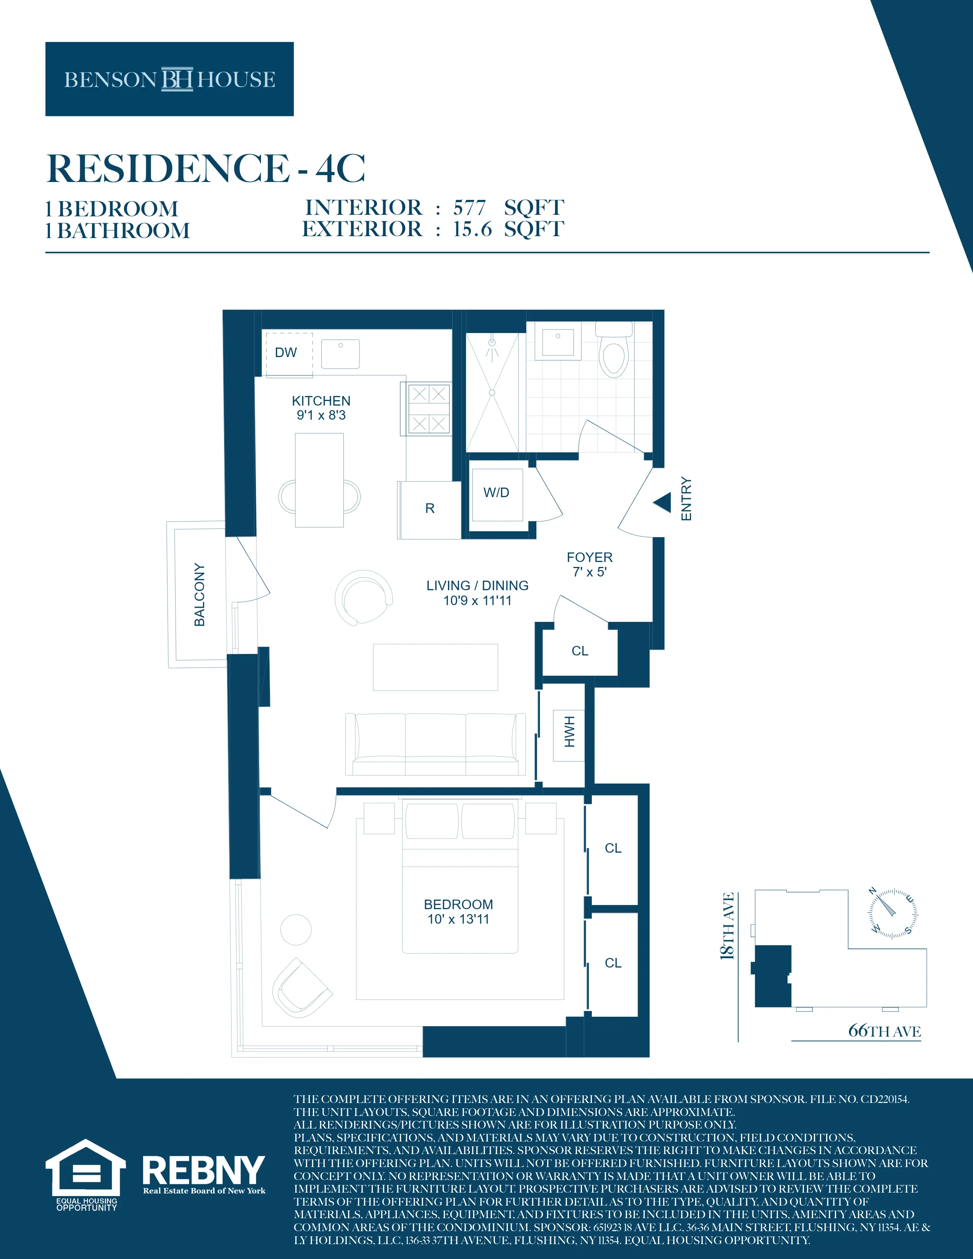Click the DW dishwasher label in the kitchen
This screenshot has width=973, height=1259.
click(x=286, y=352)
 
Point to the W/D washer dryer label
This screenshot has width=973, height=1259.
click(x=496, y=492)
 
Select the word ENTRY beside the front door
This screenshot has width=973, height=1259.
click(x=686, y=499)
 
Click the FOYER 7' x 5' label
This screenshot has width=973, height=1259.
click(x=589, y=564)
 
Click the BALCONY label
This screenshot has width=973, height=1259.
click(x=200, y=594)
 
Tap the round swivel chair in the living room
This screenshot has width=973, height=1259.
click(x=364, y=597)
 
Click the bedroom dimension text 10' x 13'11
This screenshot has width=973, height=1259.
click(x=458, y=919)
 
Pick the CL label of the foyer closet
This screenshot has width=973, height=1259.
click(x=580, y=651)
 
